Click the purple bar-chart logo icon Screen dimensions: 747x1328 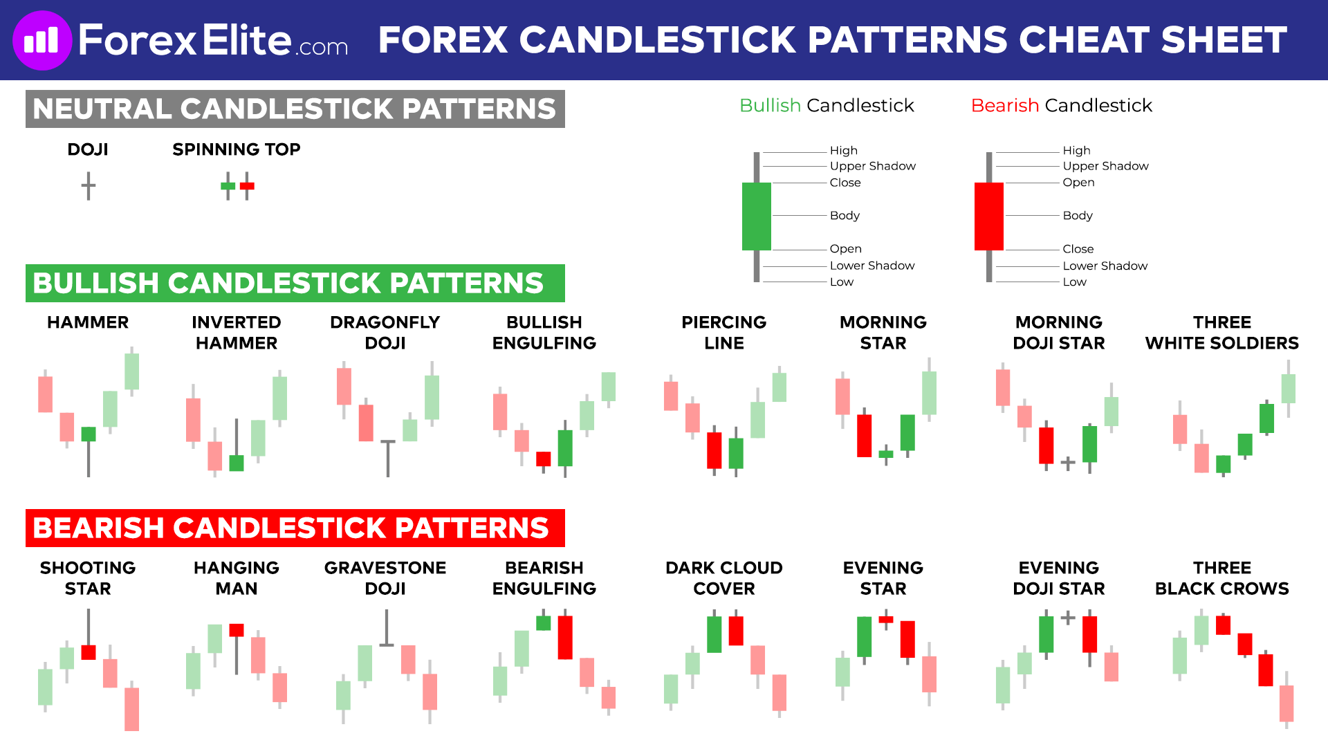(41, 40)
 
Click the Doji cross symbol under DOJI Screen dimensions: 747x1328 (88, 186)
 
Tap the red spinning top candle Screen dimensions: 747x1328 (247, 186)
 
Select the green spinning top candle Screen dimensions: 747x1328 (228, 186)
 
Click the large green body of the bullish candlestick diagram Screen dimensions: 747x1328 (756, 216)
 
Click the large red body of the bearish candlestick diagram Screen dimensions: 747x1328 (988, 216)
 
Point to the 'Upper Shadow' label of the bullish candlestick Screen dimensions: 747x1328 (872, 166)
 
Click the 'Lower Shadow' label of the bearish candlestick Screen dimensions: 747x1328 (1105, 266)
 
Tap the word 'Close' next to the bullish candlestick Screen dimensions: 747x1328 (845, 183)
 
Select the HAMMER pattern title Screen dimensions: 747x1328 (88, 322)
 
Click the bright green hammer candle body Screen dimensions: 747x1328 (89, 434)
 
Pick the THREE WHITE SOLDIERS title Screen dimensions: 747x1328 (1221, 333)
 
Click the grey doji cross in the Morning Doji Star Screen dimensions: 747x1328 (1067, 463)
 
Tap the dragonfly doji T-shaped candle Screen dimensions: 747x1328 (388, 456)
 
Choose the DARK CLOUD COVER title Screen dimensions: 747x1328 (723, 578)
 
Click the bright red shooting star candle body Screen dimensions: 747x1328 (89, 652)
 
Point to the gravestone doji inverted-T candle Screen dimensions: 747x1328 (387, 629)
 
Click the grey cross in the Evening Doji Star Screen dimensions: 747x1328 (1067, 617)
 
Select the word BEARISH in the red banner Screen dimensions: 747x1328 (98, 528)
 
